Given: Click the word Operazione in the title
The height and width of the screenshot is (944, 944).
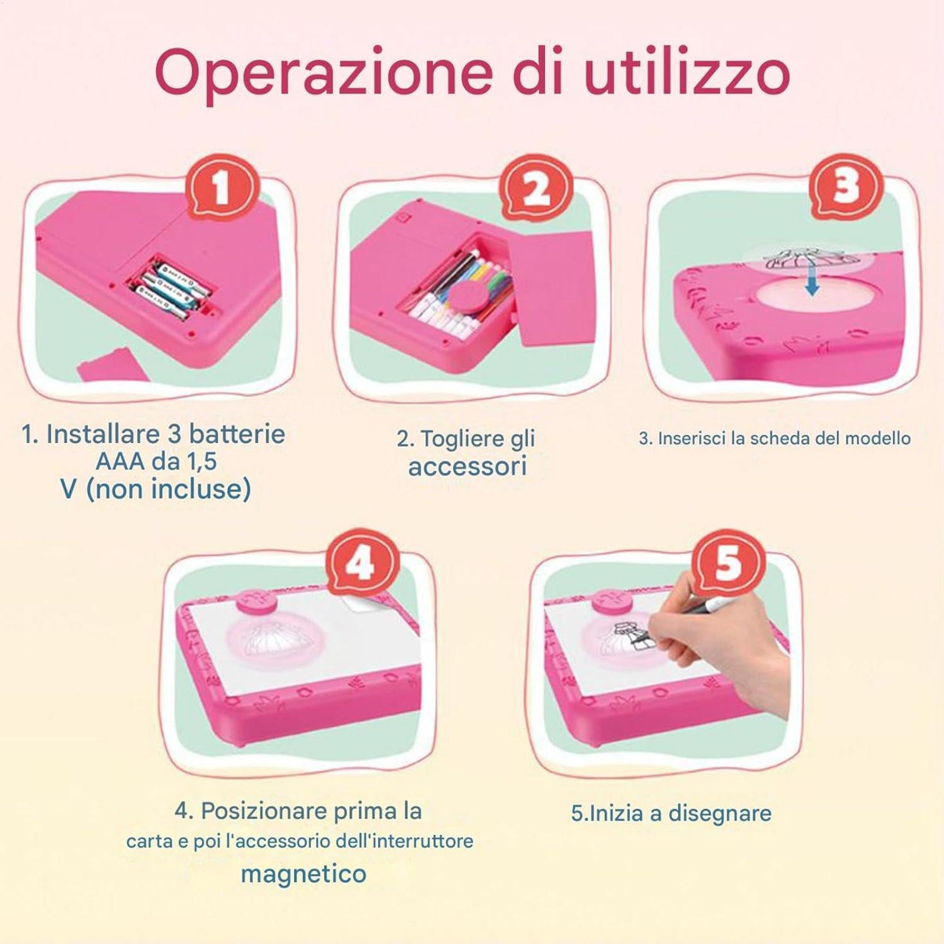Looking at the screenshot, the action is [323, 74].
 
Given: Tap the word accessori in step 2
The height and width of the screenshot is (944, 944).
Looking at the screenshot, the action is [467, 467].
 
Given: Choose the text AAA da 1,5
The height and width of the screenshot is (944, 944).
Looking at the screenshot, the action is [156, 461].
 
